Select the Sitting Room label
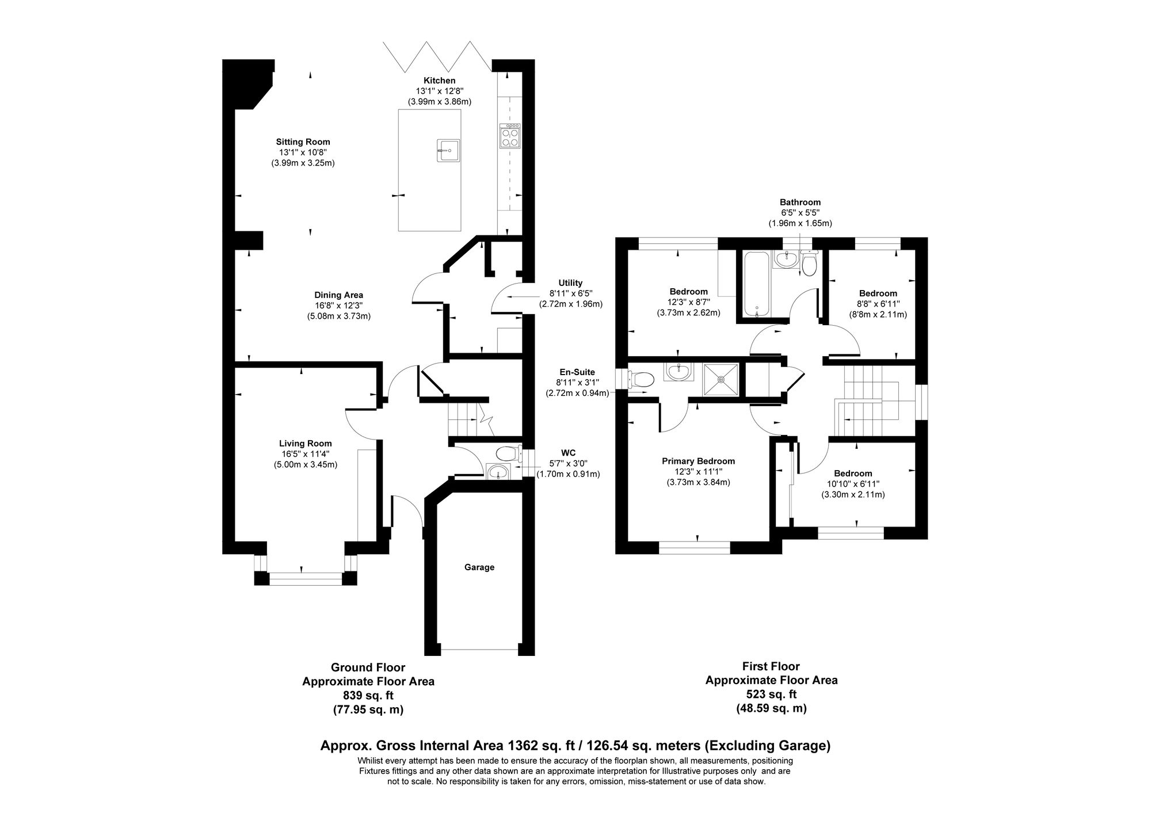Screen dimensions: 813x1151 (x=303, y=142)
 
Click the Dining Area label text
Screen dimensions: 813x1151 (x=338, y=295)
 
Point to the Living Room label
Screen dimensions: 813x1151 (x=305, y=443)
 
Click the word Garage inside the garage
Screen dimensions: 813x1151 (x=479, y=567)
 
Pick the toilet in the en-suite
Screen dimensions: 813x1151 (x=642, y=380)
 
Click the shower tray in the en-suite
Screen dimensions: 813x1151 (x=721, y=379)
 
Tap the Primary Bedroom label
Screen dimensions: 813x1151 (x=698, y=461)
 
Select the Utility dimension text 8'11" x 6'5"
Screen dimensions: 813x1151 (x=570, y=293)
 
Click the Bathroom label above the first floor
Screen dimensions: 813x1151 (x=800, y=203)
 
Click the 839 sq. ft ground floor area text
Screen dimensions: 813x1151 (x=368, y=696)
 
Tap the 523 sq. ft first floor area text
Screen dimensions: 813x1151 (x=771, y=694)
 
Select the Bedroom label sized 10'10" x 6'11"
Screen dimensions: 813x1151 (x=853, y=473)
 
